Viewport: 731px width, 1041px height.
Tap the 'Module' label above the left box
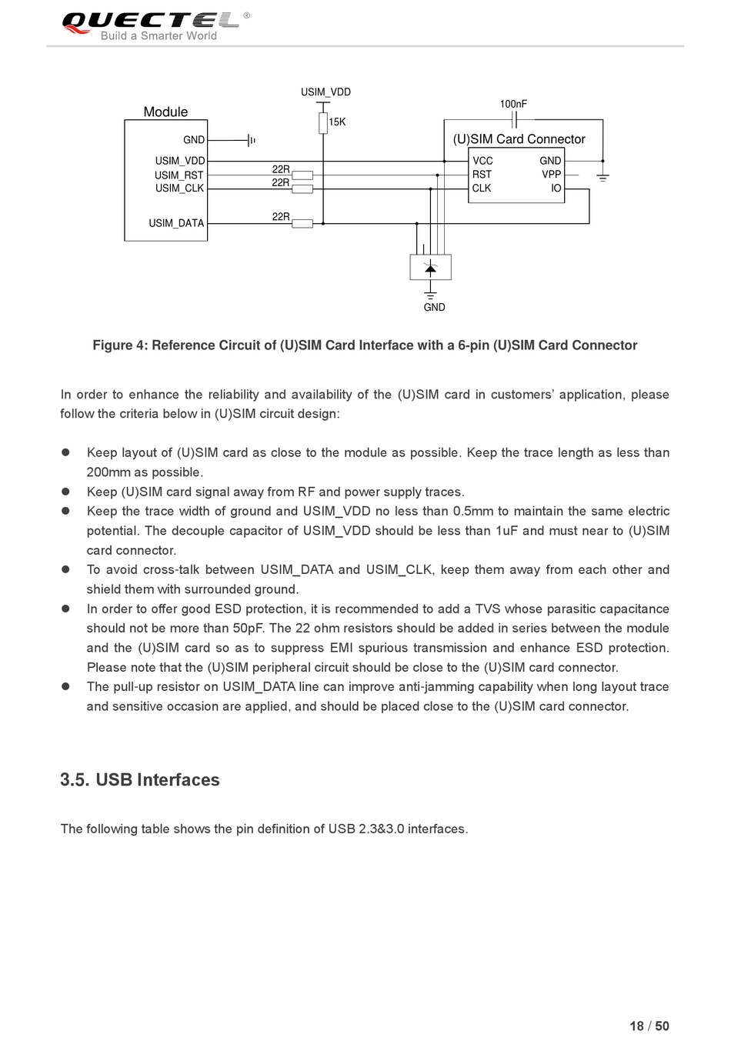(165, 112)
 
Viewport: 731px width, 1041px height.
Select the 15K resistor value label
(337, 122)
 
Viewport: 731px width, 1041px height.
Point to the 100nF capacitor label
(513, 104)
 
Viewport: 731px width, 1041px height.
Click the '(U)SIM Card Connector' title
(519, 139)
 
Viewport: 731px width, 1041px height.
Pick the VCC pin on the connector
(482, 161)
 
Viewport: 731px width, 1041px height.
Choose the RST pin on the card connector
(482, 175)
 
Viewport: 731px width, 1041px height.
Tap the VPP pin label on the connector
(551, 175)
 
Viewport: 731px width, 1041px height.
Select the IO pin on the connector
(556, 189)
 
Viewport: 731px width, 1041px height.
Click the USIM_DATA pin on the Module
(176, 224)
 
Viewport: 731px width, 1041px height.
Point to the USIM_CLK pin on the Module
(179, 189)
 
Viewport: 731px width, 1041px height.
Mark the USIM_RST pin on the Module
(179, 175)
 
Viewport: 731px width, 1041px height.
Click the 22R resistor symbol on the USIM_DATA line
(302, 224)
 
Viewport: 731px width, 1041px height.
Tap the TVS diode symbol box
(430, 268)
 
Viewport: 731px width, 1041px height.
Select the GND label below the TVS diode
(434, 308)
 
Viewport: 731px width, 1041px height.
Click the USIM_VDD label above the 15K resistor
(325, 92)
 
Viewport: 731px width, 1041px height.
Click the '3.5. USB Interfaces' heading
(140, 780)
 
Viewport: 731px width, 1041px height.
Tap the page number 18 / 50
(649, 1026)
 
